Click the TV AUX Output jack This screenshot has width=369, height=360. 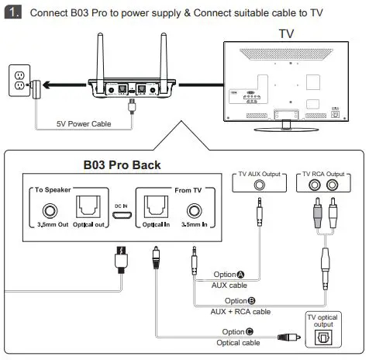(259, 187)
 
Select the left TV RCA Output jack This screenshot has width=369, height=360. (315, 187)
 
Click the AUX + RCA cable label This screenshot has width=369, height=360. (240, 312)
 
